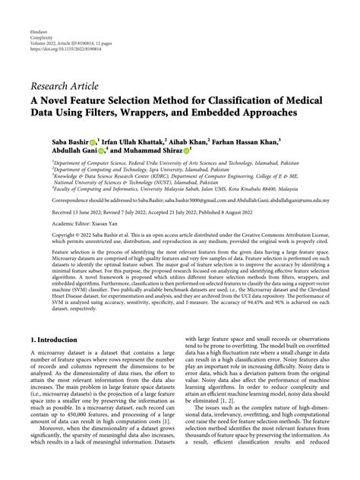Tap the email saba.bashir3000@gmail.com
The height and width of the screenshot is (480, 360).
click(183, 201)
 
